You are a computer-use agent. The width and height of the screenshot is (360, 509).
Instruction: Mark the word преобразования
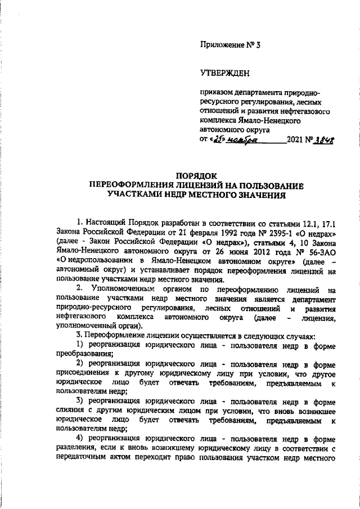(84, 354)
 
